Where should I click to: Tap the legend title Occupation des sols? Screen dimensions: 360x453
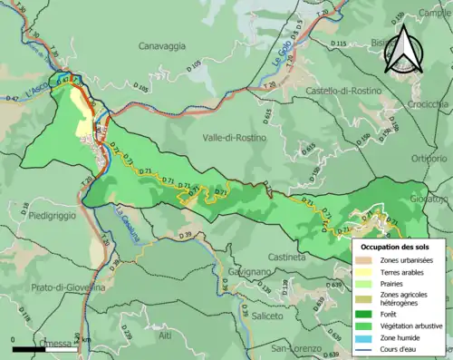pos(396,247)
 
